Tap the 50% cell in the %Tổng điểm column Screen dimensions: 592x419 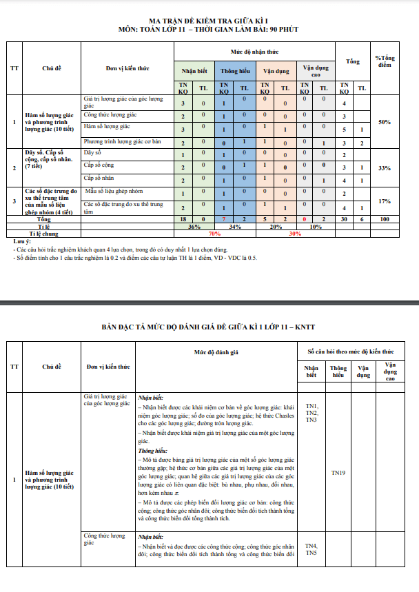coord(385,122)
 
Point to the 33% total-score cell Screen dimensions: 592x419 coord(385,168)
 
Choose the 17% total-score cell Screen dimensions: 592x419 coord(385,201)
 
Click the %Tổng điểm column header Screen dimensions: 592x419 coord(385,61)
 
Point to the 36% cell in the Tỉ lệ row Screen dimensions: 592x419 coord(194,226)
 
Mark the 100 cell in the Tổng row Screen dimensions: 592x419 coord(385,219)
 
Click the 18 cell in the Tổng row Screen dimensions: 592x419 coord(183,219)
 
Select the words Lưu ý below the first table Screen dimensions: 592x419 coord(22,242)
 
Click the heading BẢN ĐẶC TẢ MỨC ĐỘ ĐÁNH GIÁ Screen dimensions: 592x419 coord(209,327)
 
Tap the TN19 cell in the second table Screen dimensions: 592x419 coord(338,473)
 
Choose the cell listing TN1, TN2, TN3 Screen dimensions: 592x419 coord(311,412)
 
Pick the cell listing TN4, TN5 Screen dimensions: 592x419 coord(311,549)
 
